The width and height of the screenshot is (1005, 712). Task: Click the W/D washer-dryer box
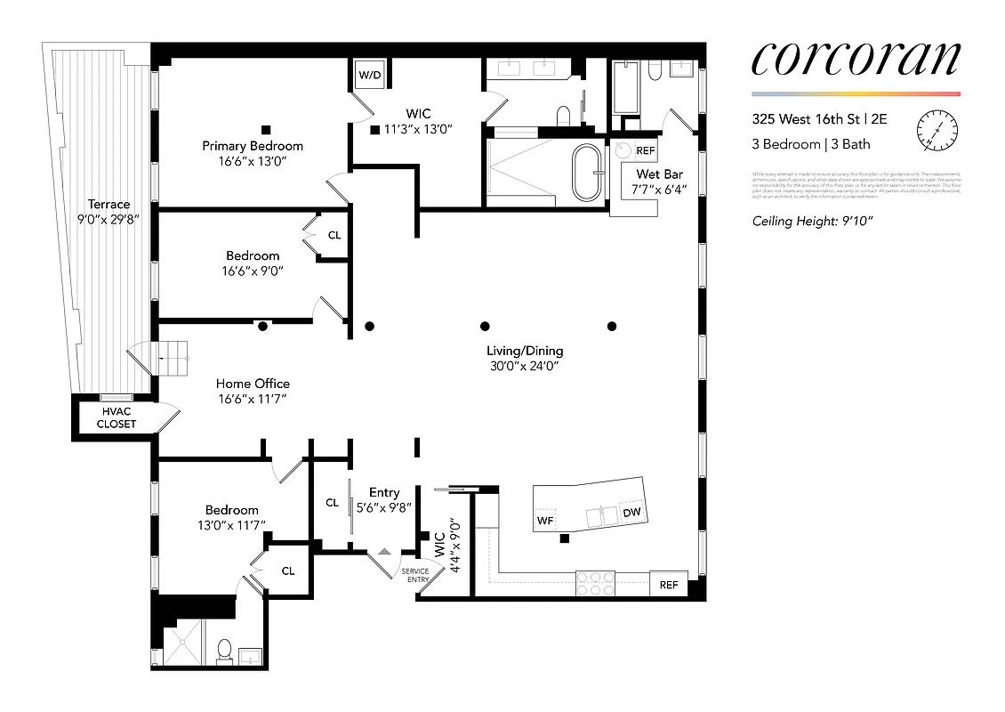(369, 76)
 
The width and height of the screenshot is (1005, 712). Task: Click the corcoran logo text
(856, 60)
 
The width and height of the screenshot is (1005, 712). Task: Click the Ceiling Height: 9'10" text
(807, 222)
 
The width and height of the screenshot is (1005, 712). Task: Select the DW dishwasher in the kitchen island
(631, 513)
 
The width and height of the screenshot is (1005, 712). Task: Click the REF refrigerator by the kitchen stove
(668, 585)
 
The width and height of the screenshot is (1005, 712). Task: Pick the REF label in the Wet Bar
(645, 151)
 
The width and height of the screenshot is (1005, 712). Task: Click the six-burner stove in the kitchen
(596, 583)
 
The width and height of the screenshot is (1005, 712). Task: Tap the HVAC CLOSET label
(117, 417)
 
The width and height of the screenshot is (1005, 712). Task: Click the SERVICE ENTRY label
(415, 575)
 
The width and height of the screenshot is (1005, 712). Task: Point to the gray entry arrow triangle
(383, 552)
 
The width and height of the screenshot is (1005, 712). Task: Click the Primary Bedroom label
(253, 146)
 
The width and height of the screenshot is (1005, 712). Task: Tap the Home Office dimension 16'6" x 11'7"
(252, 399)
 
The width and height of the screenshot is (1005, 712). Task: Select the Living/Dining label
(524, 351)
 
